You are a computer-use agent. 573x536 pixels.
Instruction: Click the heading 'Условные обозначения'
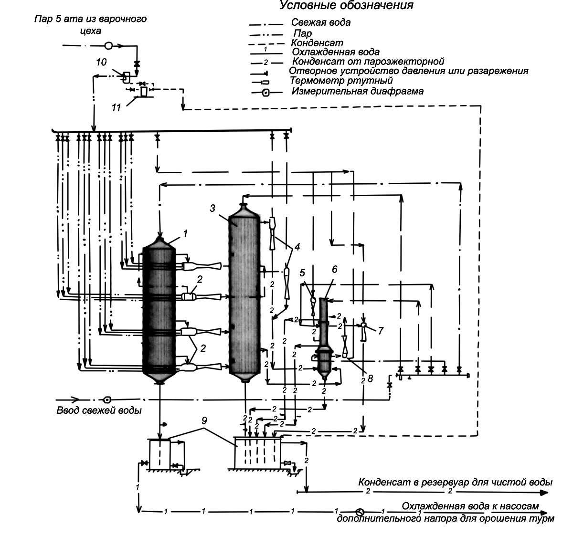[x=346, y=5]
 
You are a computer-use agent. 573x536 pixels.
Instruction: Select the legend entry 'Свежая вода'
[x=321, y=22]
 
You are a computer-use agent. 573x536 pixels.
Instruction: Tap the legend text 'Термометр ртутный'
[x=341, y=81]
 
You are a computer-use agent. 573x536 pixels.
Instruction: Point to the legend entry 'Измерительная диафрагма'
[x=358, y=92]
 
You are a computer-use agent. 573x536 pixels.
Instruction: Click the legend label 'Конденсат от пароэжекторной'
[x=368, y=62]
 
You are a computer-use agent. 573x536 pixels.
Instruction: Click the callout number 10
[x=101, y=62]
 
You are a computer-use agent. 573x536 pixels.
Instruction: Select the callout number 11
[x=116, y=107]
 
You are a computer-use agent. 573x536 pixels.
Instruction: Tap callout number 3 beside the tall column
[x=212, y=208]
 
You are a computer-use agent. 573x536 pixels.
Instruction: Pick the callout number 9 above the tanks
[x=204, y=420]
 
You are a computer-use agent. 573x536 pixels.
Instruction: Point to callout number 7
[x=381, y=331]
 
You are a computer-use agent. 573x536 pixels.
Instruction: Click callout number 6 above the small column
[x=334, y=269]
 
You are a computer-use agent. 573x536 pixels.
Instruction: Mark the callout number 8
[x=371, y=378]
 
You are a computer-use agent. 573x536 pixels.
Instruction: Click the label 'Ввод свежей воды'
[x=99, y=410]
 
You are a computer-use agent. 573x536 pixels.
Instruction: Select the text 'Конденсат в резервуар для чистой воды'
[x=456, y=482]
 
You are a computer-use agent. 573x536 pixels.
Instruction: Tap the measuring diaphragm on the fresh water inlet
[x=107, y=400]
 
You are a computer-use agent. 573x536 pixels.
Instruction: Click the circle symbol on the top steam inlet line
[x=108, y=46]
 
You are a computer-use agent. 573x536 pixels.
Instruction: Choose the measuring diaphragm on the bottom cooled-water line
[x=360, y=512]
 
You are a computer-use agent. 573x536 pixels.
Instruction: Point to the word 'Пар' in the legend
[x=303, y=33]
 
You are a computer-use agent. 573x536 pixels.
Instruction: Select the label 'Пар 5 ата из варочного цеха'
[x=91, y=25]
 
